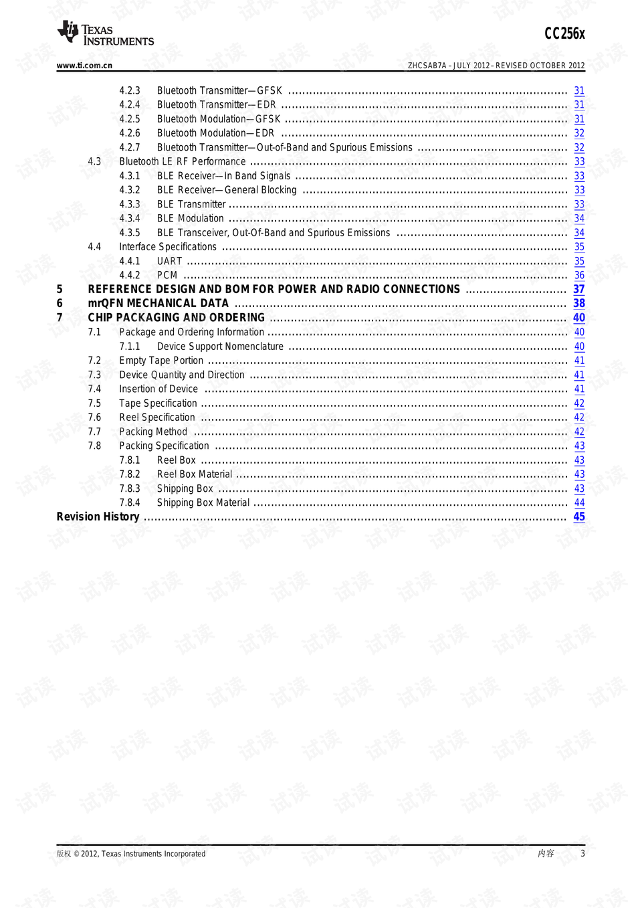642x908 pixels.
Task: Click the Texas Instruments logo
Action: (106, 33)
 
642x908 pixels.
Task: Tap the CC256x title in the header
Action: (564, 33)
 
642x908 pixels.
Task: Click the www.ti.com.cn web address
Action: (84, 66)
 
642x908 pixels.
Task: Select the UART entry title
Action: (169, 261)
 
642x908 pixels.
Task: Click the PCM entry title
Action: (167, 275)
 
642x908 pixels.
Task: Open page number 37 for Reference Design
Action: (579, 289)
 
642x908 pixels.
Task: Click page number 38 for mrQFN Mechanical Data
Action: (579, 303)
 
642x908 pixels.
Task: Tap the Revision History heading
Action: (98, 517)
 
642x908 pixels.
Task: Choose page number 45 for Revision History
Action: (579, 517)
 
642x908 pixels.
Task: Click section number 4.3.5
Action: (130, 233)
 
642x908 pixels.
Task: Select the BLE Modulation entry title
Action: (191, 218)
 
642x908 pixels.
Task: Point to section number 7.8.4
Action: (130, 503)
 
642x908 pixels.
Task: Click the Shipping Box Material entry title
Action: (203, 503)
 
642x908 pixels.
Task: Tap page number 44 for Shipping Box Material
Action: (579, 503)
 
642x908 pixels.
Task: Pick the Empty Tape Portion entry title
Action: (161, 361)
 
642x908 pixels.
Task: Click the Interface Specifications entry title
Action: (168, 247)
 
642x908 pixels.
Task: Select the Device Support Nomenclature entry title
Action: (220, 347)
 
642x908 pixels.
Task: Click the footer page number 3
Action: (582, 853)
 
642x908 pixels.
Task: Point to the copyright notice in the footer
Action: (131, 854)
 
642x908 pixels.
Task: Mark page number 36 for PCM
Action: (579, 275)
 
